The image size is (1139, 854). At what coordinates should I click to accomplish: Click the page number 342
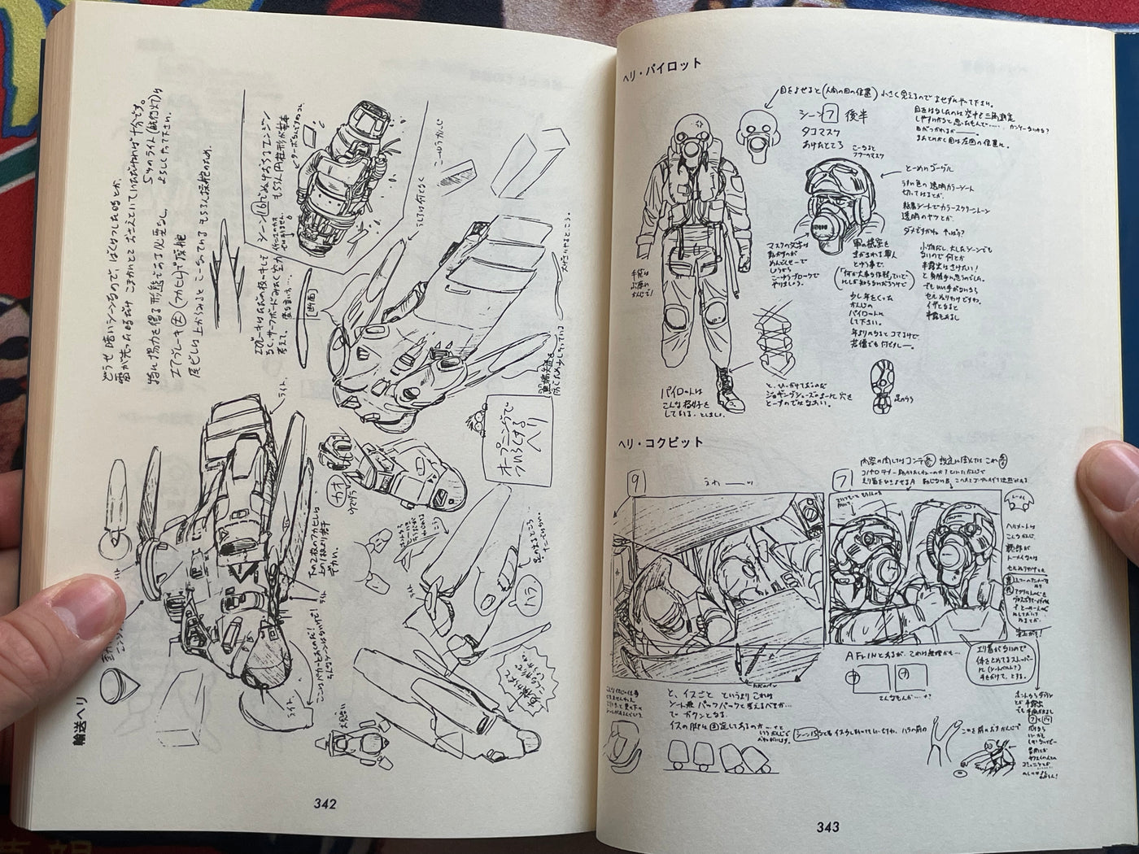(325, 804)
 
